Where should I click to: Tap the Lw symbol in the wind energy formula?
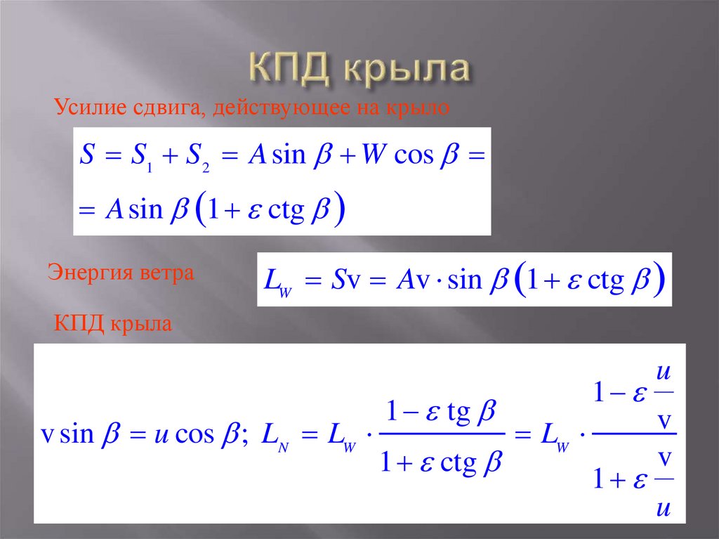click(x=277, y=282)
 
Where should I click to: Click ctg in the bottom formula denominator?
click(x=459, y=463)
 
